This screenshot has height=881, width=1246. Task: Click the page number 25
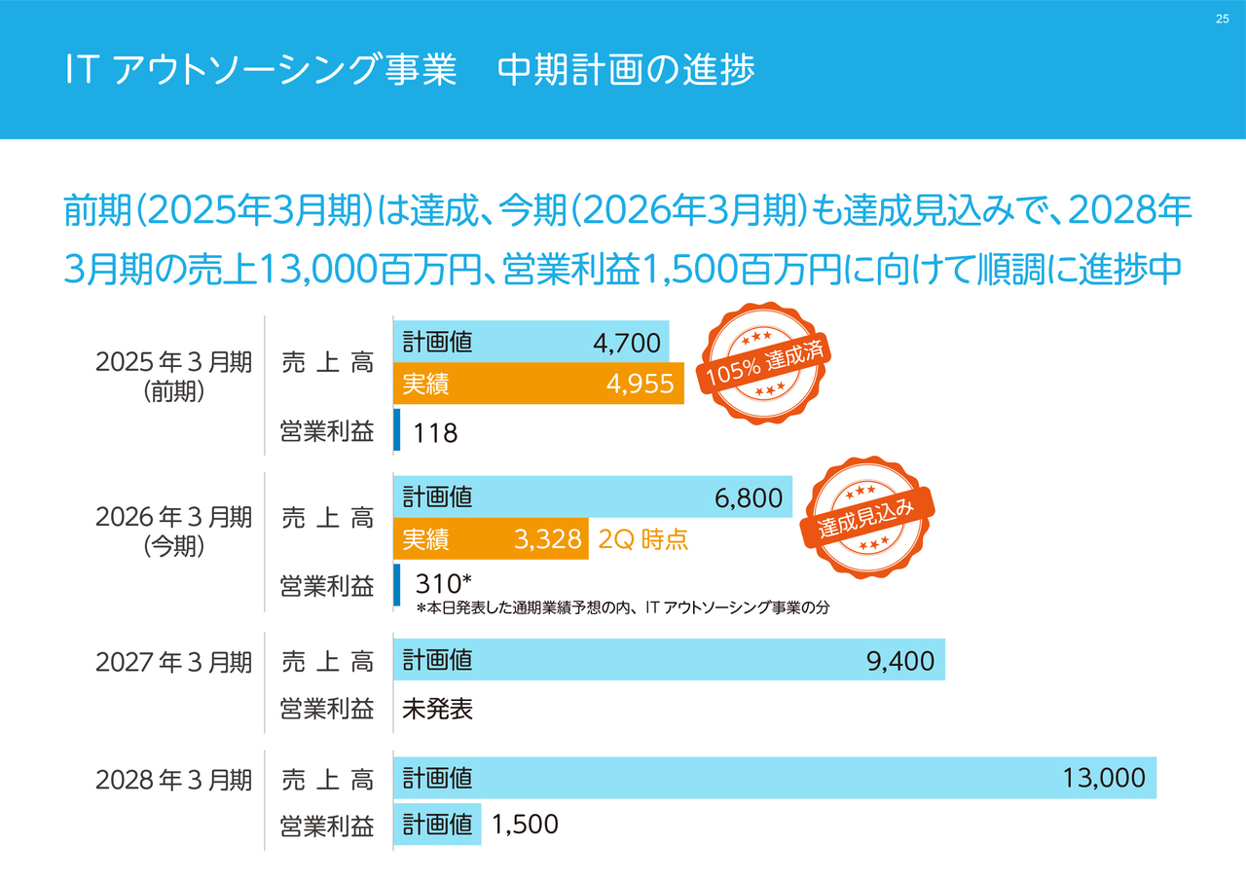tap(1223, 20)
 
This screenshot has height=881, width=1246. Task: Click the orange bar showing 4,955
tap(538, 384)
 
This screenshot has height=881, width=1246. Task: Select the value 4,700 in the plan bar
tap(626, 343)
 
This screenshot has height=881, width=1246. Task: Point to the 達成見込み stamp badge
tap(866, 517)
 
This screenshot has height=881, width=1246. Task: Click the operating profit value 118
tap(435, 433)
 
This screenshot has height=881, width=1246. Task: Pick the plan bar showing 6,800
tap(593, 497)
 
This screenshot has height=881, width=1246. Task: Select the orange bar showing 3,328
tap(491, 539)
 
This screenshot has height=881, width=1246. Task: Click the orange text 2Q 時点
tap(643, 539)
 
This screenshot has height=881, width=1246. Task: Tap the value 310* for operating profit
tap(443, 583)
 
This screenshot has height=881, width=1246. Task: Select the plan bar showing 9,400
tap(669, 661)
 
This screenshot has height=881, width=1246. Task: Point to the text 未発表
tap(437, 709)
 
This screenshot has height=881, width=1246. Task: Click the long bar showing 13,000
tap(775, 778)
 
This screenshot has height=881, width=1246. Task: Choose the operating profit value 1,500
tap(525, 825)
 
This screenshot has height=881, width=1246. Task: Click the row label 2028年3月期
tap(173, 780)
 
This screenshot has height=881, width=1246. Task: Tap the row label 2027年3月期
tap(173, 663)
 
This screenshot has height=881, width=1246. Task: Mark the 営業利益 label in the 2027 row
tap(326, 709)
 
